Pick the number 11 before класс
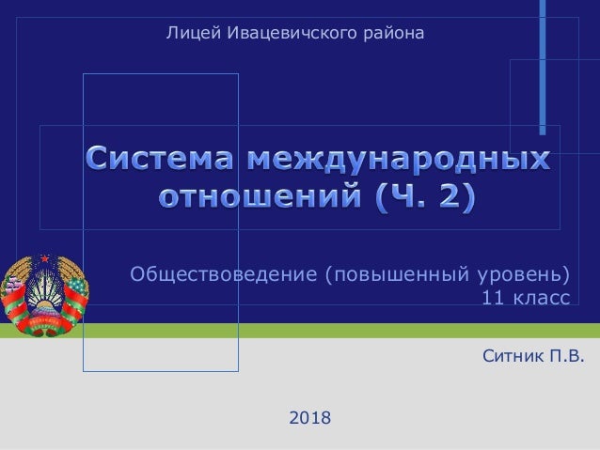pyautogui.click(x=492, y=299)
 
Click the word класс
pyautogui.click(x=539, y=299)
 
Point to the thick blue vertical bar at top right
pyautogui.click(x=543, y=66)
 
